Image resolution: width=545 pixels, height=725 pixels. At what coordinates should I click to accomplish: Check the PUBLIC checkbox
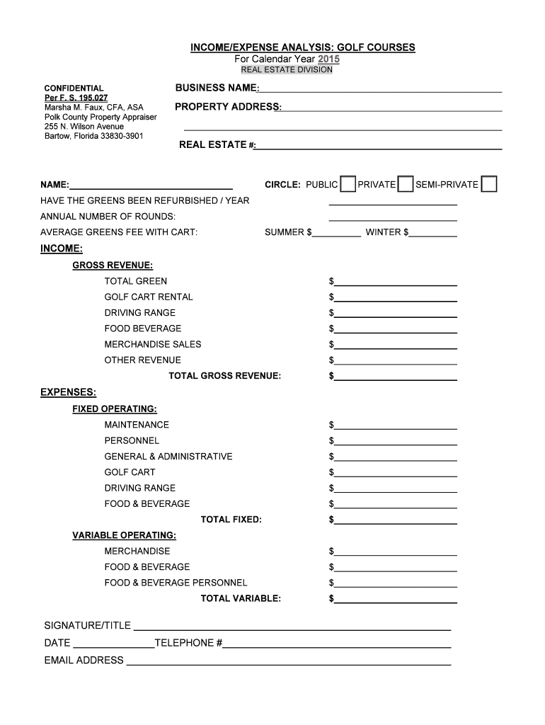point(348,185)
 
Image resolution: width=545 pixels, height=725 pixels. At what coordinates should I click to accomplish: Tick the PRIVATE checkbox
point(406,185)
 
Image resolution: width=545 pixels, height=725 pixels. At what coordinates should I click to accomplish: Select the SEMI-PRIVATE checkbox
point(488,185)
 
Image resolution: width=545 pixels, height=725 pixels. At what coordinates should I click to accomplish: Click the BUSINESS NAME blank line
point(380,89)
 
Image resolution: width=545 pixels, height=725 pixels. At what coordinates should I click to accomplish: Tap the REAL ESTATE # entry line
point(379,147)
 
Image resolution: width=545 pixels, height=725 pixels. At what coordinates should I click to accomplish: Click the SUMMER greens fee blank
point(336,233)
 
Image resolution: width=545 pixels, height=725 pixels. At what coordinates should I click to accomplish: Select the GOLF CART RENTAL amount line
point(396,298)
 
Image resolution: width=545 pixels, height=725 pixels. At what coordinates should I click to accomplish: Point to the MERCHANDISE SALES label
point(153,344)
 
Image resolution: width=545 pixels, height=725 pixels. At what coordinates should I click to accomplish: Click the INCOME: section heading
point(62,249)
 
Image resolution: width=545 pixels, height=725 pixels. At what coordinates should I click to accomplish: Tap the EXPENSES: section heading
point(69,392)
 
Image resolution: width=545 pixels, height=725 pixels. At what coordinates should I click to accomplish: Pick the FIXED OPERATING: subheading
point(115,409)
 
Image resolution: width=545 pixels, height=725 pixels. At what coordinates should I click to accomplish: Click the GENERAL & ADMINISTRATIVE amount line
point(396,457)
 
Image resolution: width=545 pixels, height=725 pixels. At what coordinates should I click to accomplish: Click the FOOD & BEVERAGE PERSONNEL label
point(176,583)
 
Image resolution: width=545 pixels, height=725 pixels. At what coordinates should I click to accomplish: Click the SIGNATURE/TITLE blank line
point(292,627)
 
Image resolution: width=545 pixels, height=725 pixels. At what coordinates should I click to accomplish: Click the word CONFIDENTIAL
point(74,89)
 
